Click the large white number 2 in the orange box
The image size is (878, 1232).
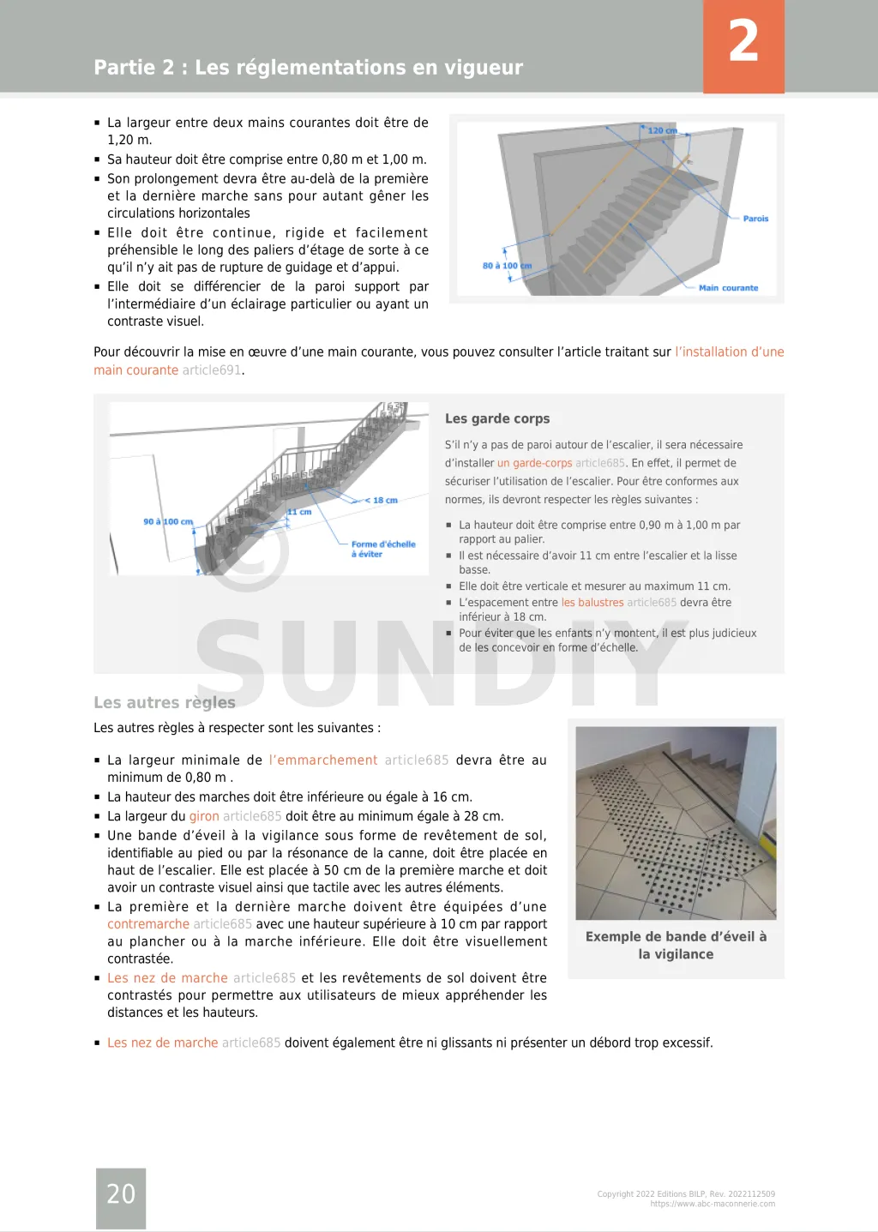743,41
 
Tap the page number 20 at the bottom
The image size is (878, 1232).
121,1193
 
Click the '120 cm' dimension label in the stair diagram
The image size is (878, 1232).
662,130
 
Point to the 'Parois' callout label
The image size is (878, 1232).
755,219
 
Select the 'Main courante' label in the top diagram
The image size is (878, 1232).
728,288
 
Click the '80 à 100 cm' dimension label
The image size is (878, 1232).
507,266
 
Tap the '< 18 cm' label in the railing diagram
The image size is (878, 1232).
382,500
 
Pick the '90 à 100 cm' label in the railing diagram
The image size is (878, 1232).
168,521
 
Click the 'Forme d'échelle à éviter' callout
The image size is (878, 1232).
382,549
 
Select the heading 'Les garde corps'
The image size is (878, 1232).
497,418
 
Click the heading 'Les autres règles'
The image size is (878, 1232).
165,702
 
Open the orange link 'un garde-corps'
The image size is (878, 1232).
534,463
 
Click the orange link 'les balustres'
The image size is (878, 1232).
592,603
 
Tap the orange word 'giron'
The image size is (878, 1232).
204,816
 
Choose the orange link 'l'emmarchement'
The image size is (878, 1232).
323,760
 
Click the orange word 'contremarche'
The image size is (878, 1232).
148,924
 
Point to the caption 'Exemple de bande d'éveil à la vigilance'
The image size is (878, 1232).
676,945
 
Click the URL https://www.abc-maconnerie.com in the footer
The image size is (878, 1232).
713,1204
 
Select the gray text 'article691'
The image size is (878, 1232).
212,370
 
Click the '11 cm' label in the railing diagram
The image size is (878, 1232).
299,512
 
